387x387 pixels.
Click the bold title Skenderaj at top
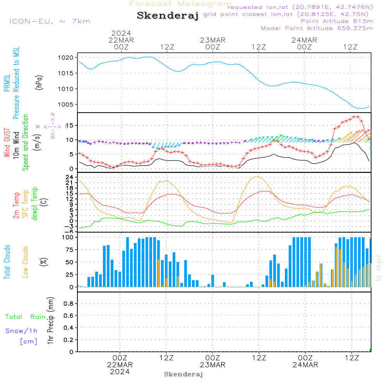168,15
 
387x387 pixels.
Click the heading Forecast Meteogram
180,4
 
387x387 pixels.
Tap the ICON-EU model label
50,21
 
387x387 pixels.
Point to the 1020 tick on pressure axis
66,58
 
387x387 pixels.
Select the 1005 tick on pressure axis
66,104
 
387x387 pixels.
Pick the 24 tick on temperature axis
70,177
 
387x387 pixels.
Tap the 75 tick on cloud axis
70,250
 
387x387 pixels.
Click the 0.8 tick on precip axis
68,304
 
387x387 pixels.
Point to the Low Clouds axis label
26,262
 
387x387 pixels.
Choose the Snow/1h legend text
21,331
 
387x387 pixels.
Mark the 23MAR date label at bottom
212,365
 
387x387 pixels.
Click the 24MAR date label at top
304,40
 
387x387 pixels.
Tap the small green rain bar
370,350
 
